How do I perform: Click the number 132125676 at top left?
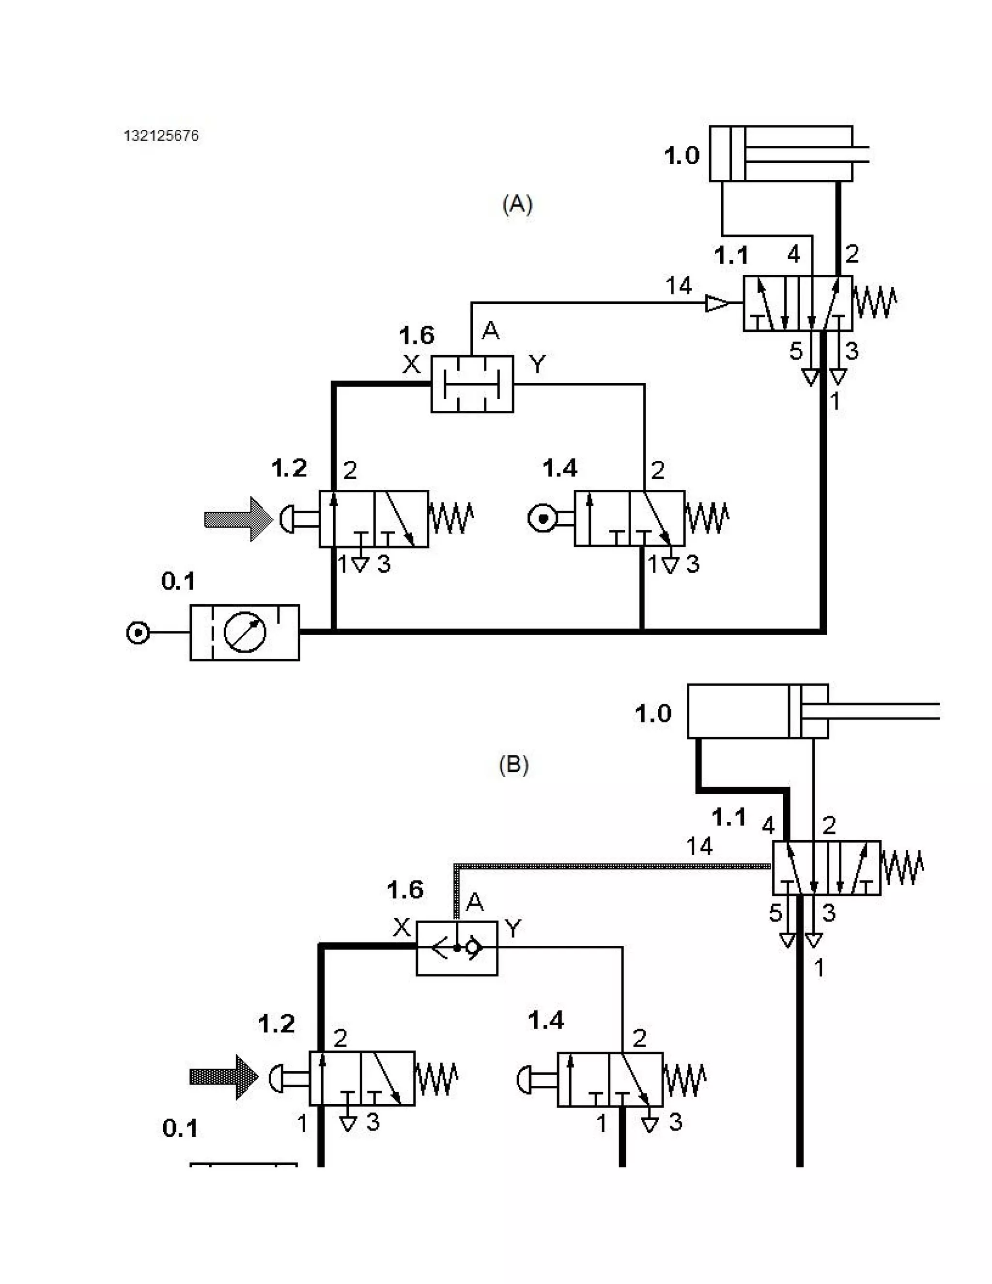161,136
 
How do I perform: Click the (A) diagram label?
517,204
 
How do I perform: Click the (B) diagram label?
513,764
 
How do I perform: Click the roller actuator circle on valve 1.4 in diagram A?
542,518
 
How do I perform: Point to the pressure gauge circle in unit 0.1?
245,632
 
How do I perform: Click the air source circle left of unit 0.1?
138,633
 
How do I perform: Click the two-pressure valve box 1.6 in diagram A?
472,384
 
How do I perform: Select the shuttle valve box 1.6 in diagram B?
457,948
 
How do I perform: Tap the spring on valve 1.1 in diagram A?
874,302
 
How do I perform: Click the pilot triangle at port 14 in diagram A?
716,303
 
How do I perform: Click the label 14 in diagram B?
699,846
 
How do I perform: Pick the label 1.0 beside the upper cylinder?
682,156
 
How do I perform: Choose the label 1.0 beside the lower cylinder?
652,713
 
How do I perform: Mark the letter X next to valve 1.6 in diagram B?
402,928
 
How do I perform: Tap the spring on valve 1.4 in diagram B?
684,1080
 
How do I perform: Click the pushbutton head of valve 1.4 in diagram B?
524,1079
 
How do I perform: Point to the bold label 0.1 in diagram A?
178,581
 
